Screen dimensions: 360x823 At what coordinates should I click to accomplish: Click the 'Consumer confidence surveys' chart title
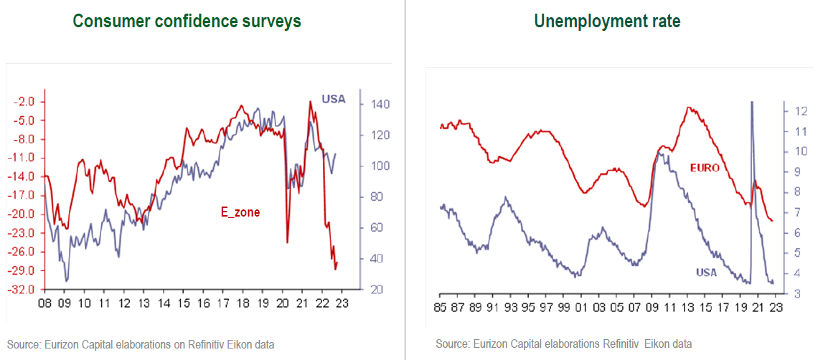187,22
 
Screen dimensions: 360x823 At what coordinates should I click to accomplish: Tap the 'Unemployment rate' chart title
607,22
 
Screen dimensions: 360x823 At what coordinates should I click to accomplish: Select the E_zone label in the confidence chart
240,212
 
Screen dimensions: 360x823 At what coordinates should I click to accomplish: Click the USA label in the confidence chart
333,99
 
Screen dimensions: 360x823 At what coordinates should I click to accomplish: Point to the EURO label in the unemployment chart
705,168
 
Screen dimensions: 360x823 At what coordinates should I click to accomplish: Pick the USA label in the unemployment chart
707,273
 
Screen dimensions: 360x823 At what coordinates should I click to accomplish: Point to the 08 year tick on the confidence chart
44,302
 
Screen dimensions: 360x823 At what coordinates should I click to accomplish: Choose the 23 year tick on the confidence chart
342,302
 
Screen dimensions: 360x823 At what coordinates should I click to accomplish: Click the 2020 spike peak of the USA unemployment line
751,103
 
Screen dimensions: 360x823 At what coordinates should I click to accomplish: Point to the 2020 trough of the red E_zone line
287,242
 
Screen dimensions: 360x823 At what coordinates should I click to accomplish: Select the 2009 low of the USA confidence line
66,280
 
